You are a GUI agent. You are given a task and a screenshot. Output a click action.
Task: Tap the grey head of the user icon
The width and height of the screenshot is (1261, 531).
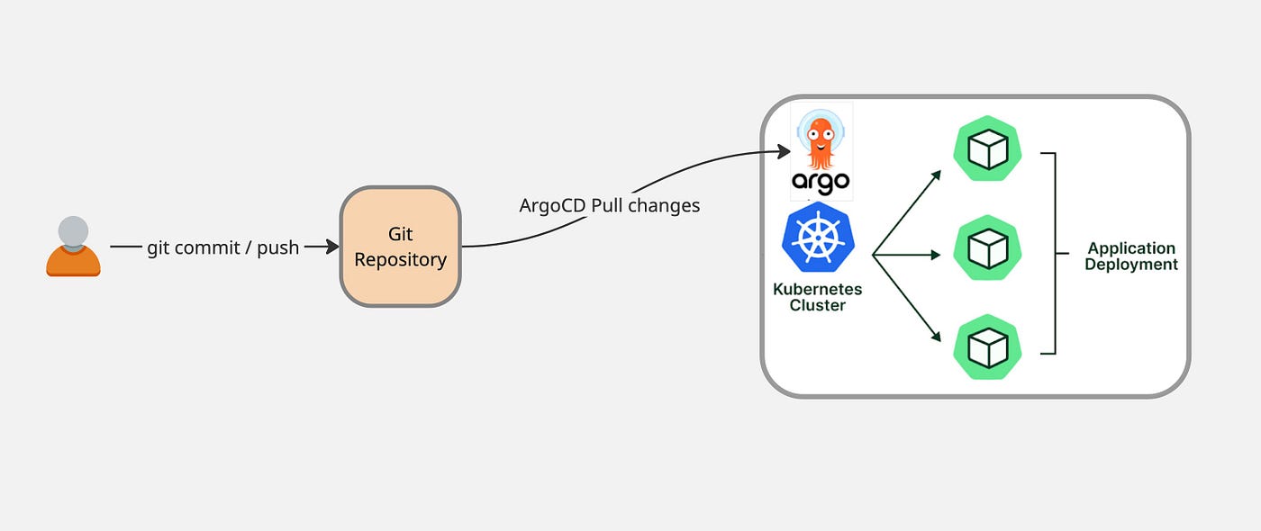[74, 230]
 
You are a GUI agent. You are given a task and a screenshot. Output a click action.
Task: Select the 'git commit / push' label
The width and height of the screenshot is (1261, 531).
[223, 247]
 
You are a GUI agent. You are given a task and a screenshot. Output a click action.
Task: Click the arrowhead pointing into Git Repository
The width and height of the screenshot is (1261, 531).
[332, 247]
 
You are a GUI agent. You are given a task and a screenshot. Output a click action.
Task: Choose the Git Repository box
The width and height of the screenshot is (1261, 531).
[401, 247]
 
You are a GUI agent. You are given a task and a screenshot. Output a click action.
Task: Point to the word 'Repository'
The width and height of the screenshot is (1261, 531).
[401, 259]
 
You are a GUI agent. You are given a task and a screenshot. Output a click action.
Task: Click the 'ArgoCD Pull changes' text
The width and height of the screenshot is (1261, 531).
[610, 205]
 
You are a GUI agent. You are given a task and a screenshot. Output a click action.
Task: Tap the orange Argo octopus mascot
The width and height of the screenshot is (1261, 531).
[820, 142]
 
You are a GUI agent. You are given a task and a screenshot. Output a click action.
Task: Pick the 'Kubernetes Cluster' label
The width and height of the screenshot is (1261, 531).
[818, 297]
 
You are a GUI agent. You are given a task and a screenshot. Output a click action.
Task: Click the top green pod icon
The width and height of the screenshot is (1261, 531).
[987, 149]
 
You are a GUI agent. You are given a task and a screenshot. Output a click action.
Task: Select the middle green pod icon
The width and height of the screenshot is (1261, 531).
[987, 247]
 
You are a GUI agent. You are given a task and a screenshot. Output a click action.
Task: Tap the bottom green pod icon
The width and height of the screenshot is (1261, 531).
[987, 346]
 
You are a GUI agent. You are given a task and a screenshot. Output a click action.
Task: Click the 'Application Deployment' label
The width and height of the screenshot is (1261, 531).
[1131, 256]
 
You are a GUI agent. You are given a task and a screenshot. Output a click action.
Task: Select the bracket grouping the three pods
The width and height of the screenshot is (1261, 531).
[1054, 253]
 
